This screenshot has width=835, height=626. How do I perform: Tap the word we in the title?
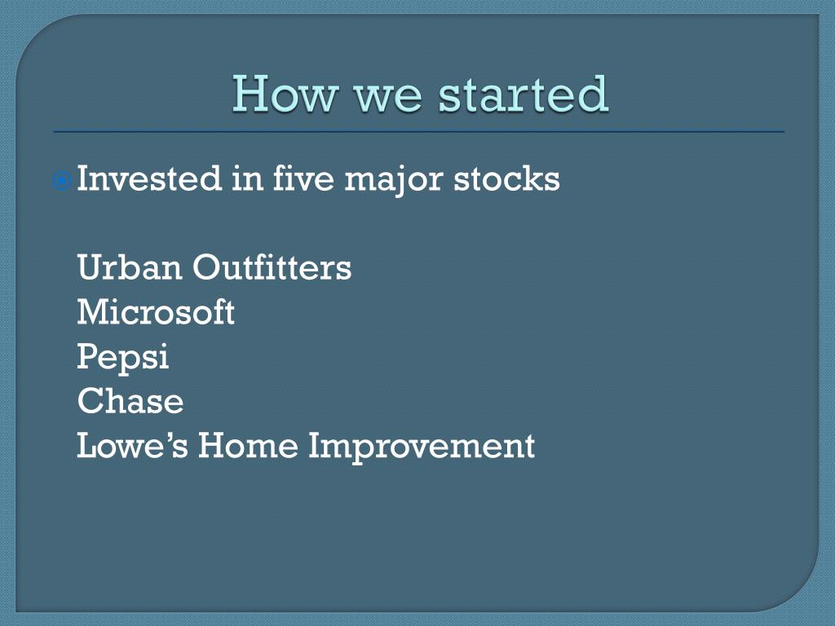(x=387, y=97)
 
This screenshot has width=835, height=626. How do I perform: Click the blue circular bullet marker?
(x=62, y=182)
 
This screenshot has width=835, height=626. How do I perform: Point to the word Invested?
(x=149, y=178)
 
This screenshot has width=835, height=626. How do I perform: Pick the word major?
(x=394, y=182)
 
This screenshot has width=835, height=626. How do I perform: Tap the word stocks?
(x=506, y=178)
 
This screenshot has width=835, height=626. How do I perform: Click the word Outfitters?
(x=272, y=267)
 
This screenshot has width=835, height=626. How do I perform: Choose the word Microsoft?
(x=156, y=311)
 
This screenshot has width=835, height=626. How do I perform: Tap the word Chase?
(x=130, y=401)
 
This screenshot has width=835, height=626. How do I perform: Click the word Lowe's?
(x=133, y=446)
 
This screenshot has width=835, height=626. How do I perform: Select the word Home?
(x=248, y=446)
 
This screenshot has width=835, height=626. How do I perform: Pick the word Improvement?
(x=422, y=448)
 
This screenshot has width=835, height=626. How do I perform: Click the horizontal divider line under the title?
(x=419, y=131)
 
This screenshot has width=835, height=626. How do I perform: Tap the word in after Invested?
(x=248, y=179)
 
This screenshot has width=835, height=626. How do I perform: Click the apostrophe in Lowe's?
(x=170, y=437)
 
